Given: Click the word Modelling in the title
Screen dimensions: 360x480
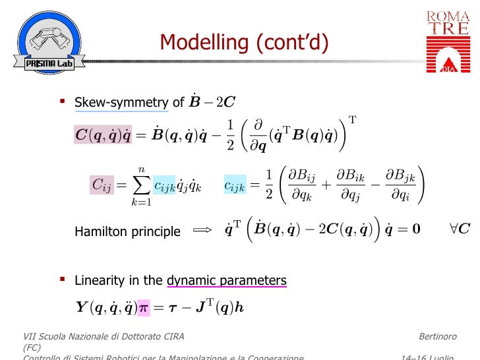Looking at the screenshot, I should pos(203,44).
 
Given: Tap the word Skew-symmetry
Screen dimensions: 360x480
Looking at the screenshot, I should pos(121,102).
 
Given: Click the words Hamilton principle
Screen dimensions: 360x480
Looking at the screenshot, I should pos(127,231).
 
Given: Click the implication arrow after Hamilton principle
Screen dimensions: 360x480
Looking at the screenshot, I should pos(201,231).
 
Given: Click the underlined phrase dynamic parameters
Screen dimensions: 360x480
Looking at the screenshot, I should pos(227,280).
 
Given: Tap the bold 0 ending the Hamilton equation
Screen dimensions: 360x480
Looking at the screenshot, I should pos(415,230).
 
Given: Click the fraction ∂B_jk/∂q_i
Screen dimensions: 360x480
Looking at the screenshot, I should pos(400,185).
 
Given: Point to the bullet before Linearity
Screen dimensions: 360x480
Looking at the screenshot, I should pos(63,280).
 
